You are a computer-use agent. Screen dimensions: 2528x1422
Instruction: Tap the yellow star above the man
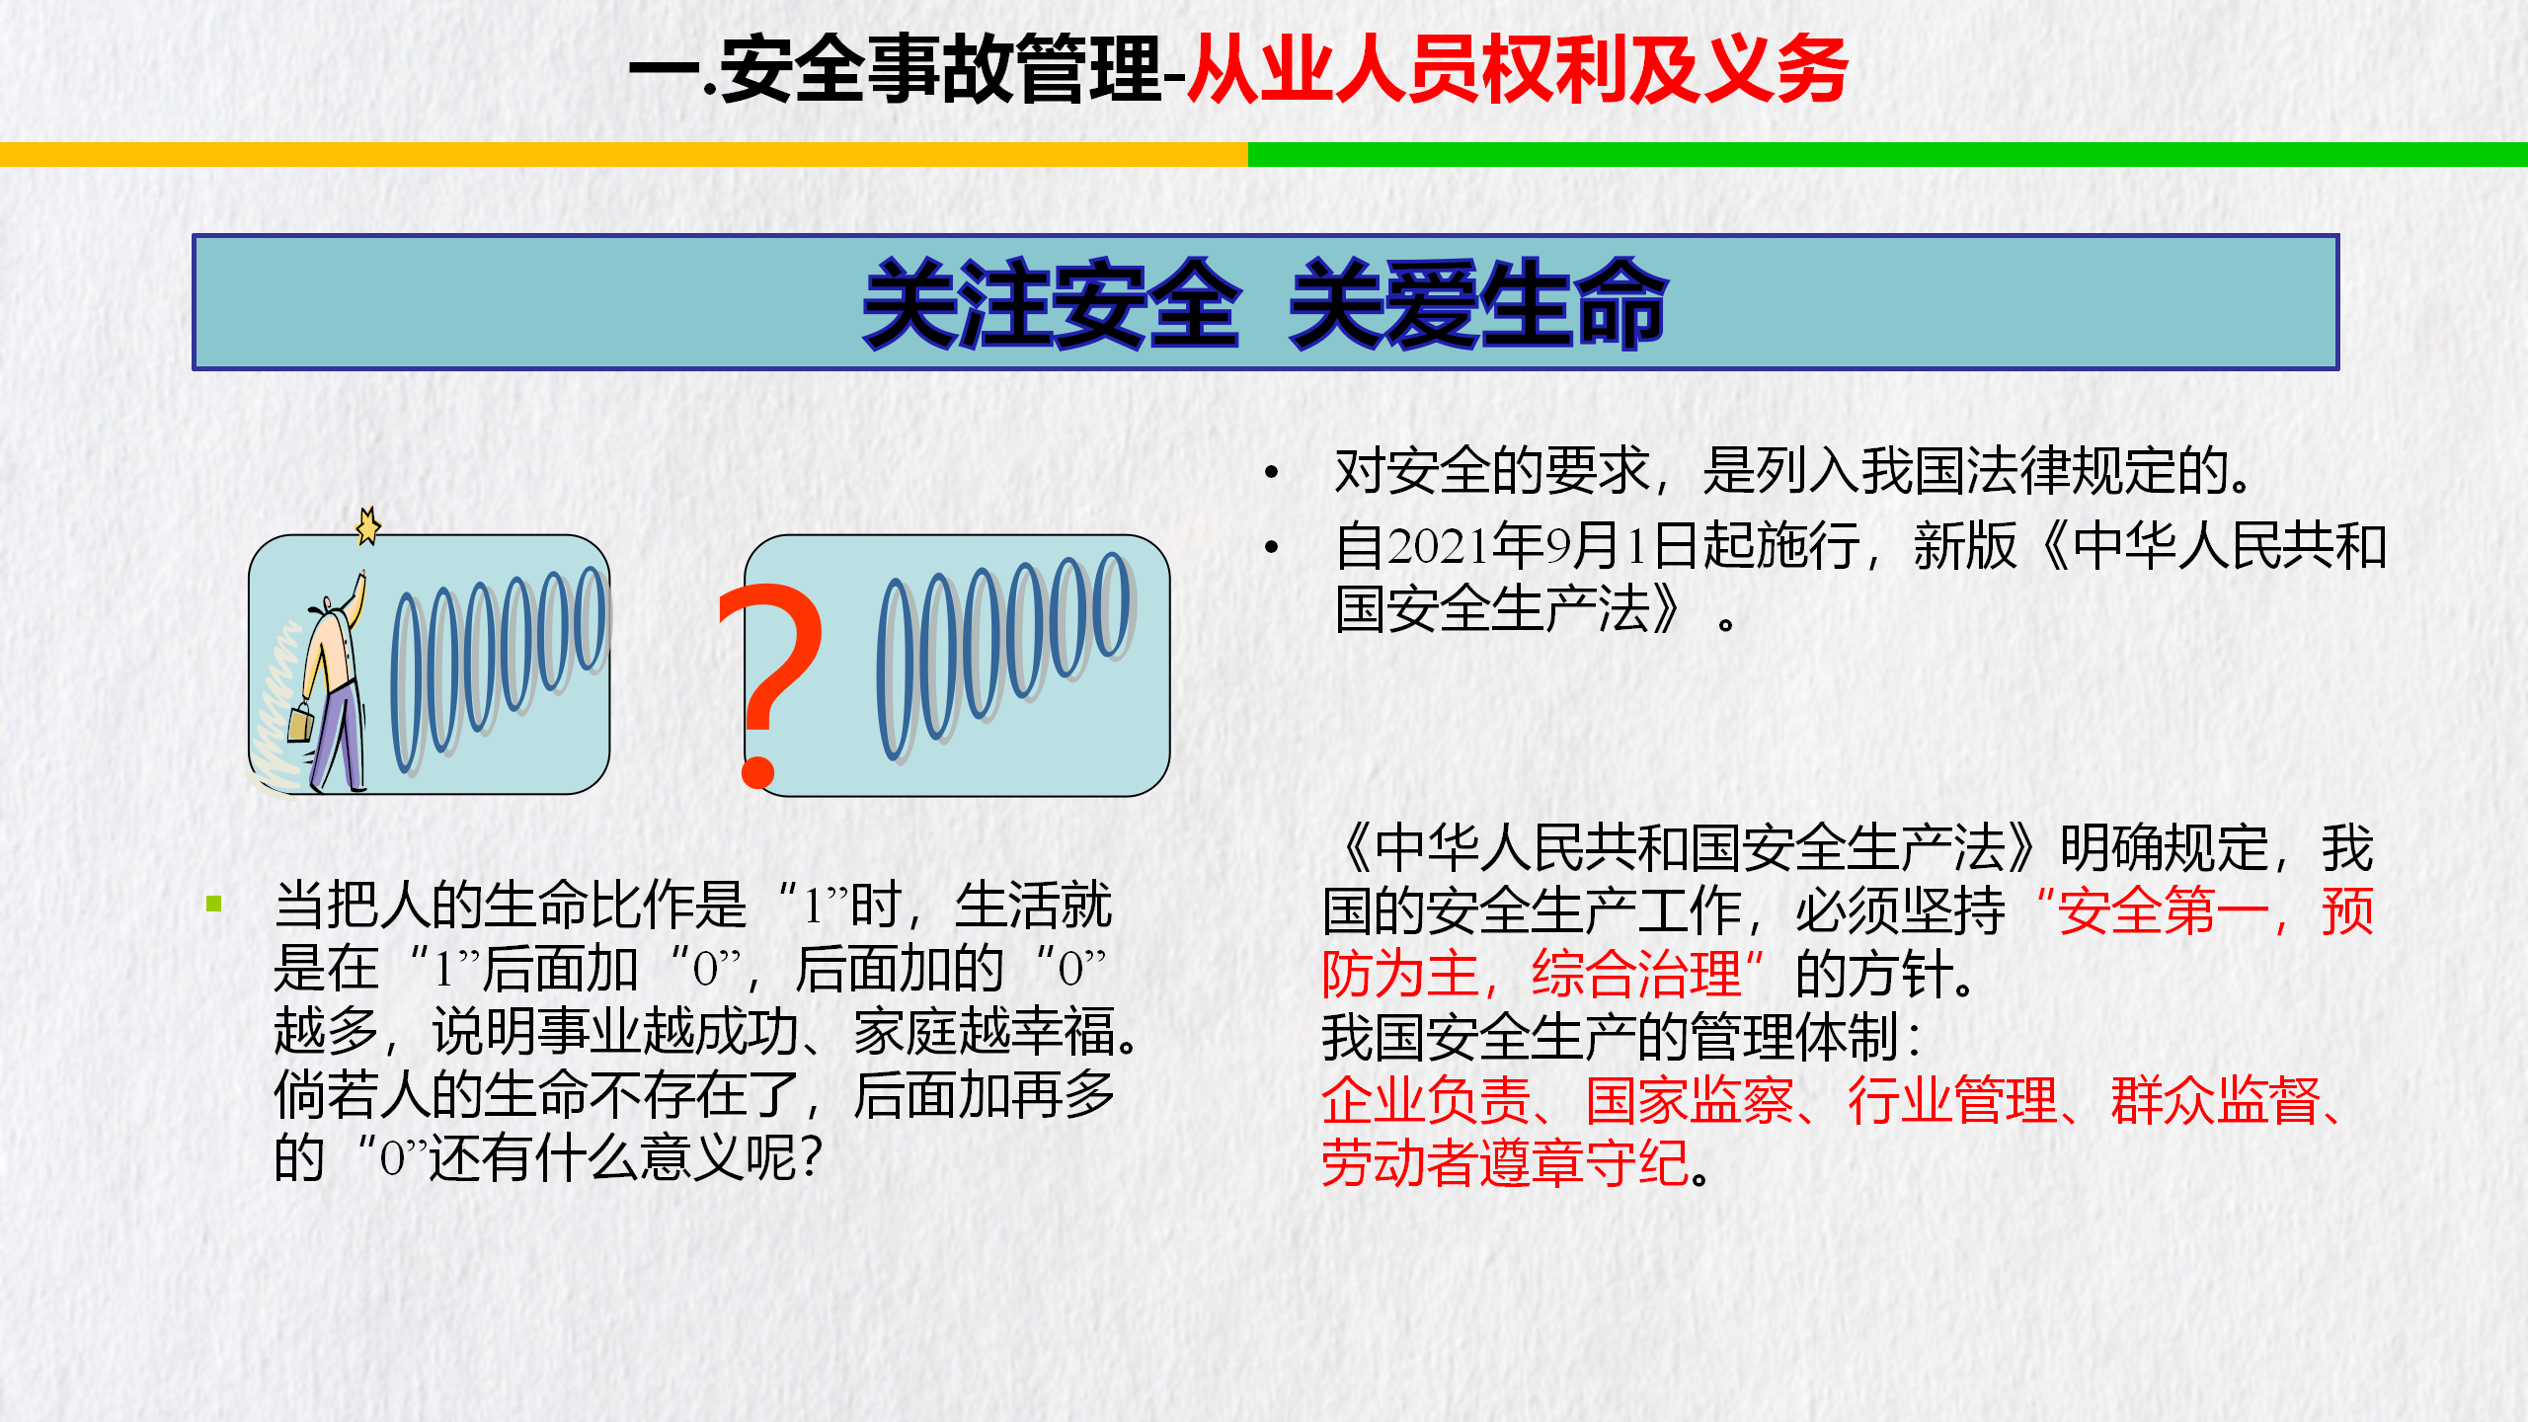point(368,525)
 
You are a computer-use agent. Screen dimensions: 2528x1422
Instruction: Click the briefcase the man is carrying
point(300,722)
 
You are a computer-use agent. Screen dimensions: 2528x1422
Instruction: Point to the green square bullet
point(214,904)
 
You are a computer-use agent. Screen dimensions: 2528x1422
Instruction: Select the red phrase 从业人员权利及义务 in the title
point(1518,69)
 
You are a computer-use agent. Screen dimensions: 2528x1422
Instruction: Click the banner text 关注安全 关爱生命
point(1265,303)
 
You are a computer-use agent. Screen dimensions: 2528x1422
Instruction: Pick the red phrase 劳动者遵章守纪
point(1506,1163)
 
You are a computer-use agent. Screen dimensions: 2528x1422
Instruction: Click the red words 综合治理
point(1636,974)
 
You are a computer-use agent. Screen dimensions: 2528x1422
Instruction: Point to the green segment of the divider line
point(1888,155)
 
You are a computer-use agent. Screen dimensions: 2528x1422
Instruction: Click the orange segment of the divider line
point(624,155)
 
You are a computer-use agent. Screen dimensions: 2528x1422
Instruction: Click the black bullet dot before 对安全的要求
point(1272,472)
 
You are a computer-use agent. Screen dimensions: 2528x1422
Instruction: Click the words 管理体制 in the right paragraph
point(1794,1037)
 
